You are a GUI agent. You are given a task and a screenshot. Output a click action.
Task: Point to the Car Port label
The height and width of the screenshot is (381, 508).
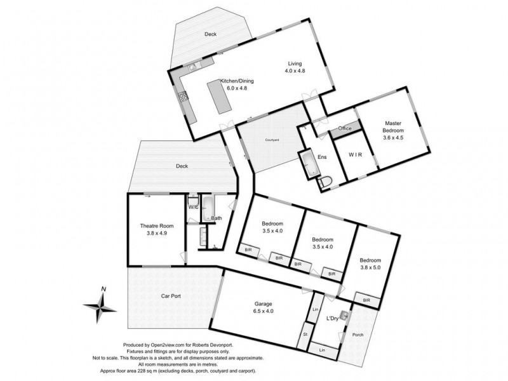click(x=172, y=296)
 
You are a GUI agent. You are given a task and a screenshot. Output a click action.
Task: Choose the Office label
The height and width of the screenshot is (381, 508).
click(x=345, y=128)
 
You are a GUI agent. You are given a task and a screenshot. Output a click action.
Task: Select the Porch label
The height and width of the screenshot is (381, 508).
click(x=359, y=335)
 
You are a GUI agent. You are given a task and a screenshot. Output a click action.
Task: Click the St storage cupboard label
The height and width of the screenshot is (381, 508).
click(x=305, y=333)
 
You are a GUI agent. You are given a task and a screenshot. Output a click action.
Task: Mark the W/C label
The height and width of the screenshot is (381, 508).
click(x=192, y=207)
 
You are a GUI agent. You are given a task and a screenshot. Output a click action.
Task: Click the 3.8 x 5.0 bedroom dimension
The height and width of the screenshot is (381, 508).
click(x=370, y=268)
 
